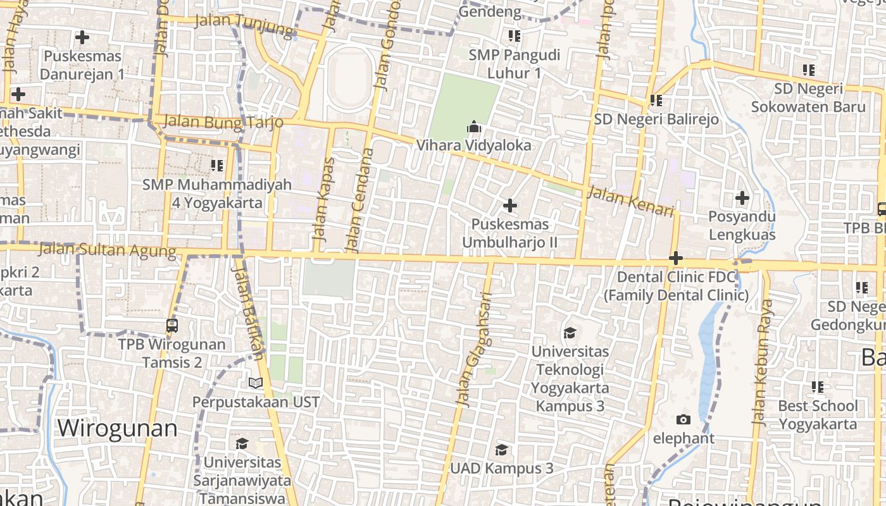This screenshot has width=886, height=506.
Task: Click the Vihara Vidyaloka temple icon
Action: pos(473,128)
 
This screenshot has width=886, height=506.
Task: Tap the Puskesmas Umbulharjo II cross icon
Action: pos(509,206)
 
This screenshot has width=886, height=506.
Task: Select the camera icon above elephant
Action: pos(683,419)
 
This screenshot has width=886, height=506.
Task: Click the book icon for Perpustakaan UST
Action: pos(255,383)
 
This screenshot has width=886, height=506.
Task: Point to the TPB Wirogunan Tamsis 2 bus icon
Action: pos(172,326)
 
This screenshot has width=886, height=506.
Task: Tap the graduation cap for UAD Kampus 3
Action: pos(501,450)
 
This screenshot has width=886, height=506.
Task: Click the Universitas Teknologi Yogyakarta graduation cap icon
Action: pos(570,333)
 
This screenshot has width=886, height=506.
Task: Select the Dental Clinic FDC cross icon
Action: pos(676,258)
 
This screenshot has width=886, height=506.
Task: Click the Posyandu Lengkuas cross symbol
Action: pos(742,198)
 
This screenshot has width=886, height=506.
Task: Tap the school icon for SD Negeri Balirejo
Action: pos(656,100)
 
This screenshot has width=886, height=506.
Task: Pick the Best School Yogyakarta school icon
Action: pos(817,386)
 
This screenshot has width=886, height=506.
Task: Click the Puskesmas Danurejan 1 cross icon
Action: pos(82,38)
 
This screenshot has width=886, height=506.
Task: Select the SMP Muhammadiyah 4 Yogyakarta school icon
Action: pos(216,166)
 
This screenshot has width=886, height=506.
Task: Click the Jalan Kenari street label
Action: pos(630,201)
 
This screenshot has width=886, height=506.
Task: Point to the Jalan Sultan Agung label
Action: pos(107,250)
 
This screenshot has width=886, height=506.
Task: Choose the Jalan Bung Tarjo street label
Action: pos(223,121)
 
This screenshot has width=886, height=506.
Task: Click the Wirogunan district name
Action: pos(117,428)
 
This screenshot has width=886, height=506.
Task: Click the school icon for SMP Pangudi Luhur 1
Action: pos(514,36)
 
